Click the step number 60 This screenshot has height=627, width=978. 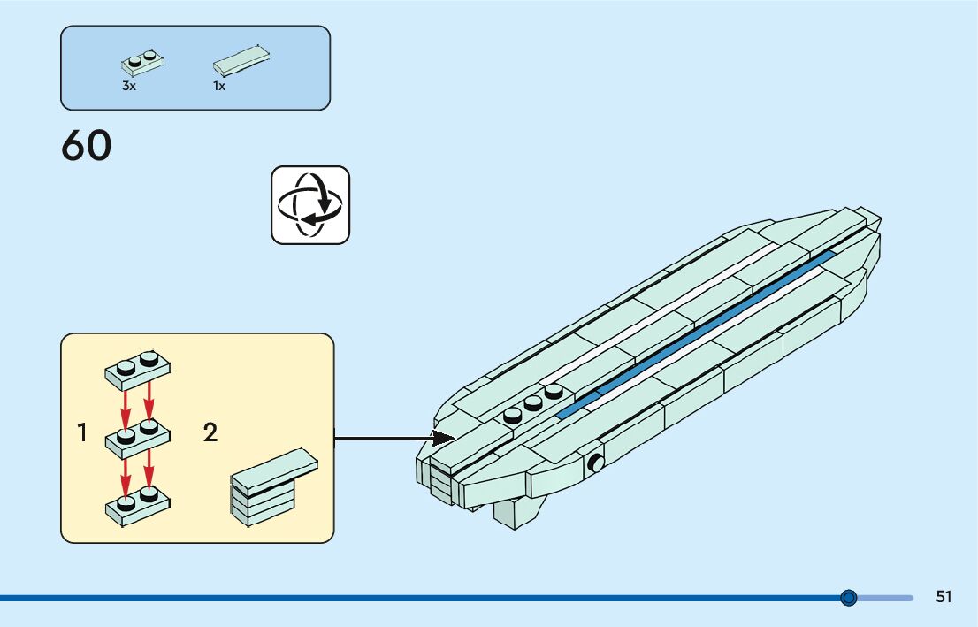tap(87, 147)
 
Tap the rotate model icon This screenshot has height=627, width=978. tap(310, 204)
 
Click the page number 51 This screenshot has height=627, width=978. tap(944, 597)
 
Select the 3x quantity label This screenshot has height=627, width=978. tap(129, 87)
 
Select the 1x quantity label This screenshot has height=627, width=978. tap(219, 87)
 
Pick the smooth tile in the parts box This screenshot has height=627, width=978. tap(241, 60)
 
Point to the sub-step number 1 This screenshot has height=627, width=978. tap(82, 433)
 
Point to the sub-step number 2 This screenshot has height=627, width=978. tap(210, 433)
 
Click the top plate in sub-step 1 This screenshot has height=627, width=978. tap(137, 370)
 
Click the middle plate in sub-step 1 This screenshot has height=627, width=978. tap(137, 437)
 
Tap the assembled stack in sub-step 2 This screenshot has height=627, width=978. tap(271, 487)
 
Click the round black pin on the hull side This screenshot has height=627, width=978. tap(596, 463)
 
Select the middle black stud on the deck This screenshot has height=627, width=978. tap(532, 402)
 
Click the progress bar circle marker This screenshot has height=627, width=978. tap(849, 598)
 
